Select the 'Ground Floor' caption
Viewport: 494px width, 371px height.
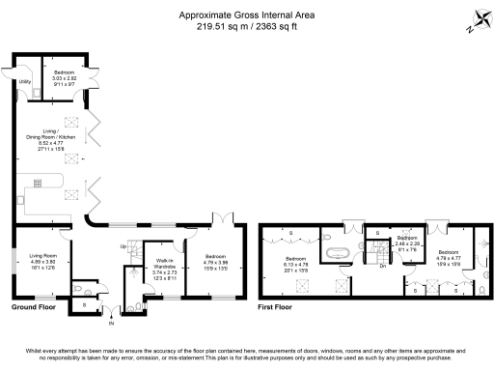(32, 306)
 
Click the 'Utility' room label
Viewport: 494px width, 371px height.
(24, 82)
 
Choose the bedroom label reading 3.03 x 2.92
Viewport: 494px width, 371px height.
(65, 78)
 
